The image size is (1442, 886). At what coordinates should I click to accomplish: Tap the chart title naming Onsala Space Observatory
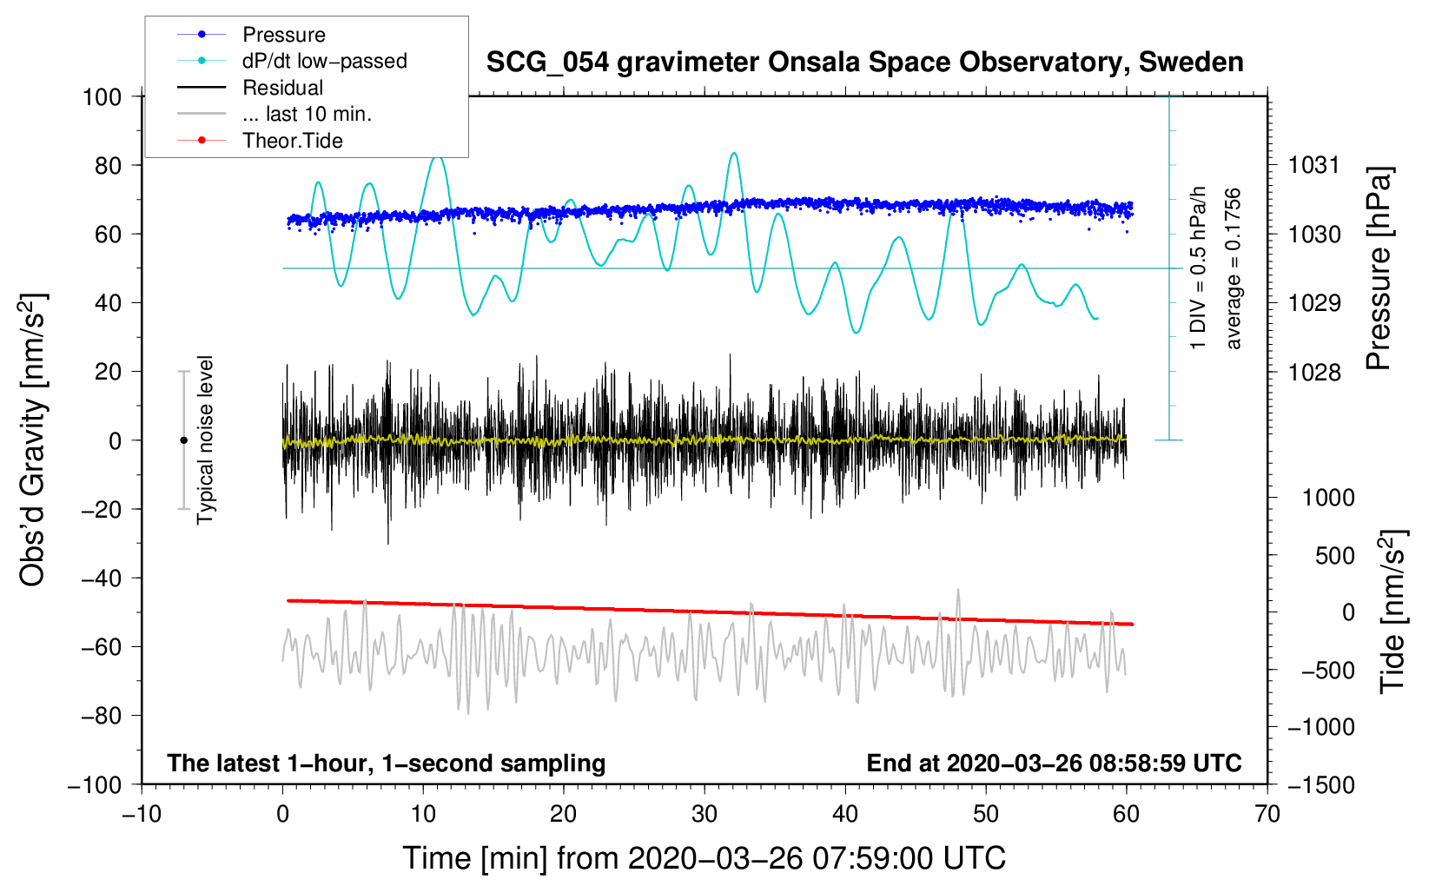(x=864, y=63)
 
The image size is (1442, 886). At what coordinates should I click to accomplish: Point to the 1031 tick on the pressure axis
(x=1314, y=165)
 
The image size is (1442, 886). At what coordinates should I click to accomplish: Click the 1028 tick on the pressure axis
(x=1314, y=373)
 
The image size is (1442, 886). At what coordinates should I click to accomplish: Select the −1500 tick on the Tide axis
(x=1321, y=785)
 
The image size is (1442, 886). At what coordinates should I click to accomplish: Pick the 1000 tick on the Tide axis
(x=1328, y=498)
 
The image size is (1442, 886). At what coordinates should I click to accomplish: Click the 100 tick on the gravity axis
(x=102, y=96)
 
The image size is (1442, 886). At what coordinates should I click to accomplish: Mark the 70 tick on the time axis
(x=1267, y=815)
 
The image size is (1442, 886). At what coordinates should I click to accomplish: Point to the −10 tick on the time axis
(x=142, y=815)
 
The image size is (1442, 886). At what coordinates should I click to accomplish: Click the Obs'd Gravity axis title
(x=33, y=440)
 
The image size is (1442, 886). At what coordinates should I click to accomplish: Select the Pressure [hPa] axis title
(x=1379, y=269)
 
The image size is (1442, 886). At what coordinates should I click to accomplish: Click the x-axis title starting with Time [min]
(x=704, y=858)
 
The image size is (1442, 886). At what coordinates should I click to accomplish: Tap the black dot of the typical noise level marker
(x=183, y=440)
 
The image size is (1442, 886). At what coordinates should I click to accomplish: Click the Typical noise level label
(x=205, y=440)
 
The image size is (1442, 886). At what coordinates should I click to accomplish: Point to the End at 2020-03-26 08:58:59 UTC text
(x=1054, y=764)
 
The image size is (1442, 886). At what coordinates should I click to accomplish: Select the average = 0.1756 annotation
(x=1234, y=269)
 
